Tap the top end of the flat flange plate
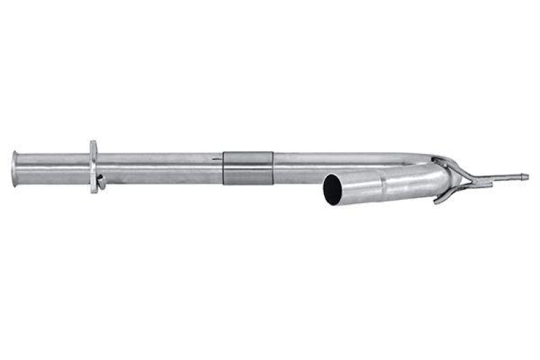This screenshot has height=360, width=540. click(x=93, y=144)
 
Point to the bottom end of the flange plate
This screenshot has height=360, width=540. click(x=94, y=190)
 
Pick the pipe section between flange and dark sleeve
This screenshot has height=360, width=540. click(x=159, y=168)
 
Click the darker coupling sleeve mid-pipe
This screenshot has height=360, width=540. click(x=248, y=168)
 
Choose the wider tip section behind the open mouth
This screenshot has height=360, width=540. click(x=358, y=187)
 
